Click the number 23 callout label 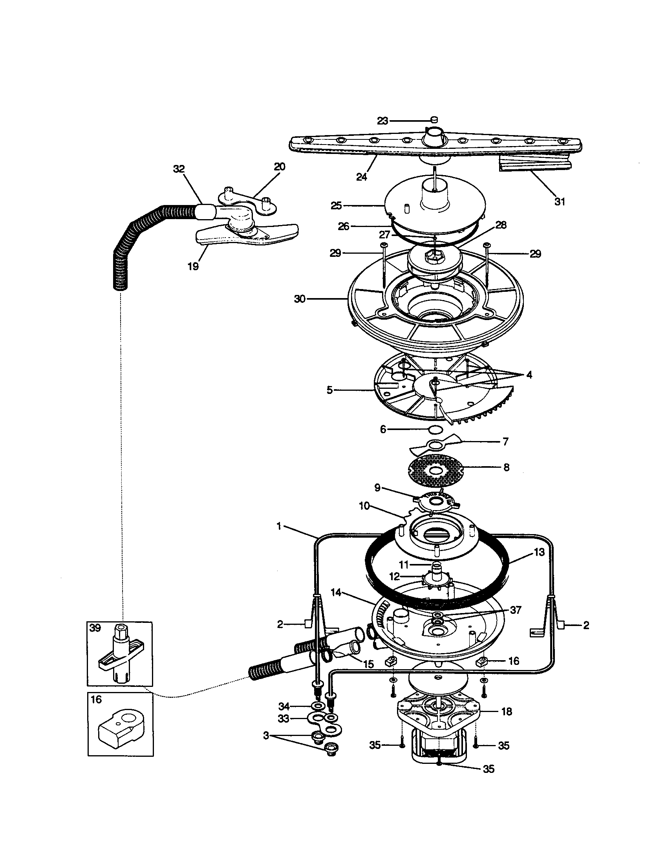[x=382, y=121]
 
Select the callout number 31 [x=559, y=201]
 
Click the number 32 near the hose [x=179, y=169]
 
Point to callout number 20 [x=279, y=167]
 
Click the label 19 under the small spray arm [x=192, y=266]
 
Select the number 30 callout [x=300, y=299]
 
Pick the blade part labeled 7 [x=435, y=445]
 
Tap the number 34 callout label [x=284, y=706]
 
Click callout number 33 [x=284, y=718]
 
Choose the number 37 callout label [x=515, y=610]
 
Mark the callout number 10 [x=364, y=506]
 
